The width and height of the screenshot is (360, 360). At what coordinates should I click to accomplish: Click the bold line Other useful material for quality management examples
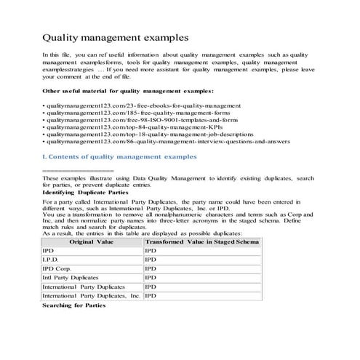128,90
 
